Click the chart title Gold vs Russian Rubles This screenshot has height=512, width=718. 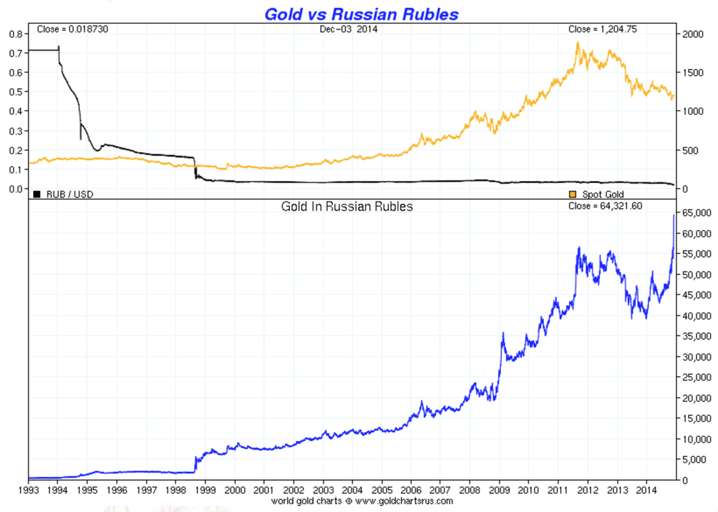click(x=361, y=13)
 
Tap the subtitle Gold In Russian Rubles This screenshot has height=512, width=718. click(x=347, y=206)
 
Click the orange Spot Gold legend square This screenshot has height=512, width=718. click(x=573, y=194)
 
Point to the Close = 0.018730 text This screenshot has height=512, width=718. click(x=72, y=29)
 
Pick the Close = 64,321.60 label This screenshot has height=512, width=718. click(x=605, y=206)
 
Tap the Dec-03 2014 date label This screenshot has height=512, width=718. click(x=347, y=29)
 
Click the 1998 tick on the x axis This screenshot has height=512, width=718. click(x=175, y=490)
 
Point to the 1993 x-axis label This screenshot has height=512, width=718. click(x=29, y=490)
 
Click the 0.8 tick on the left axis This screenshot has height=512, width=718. click(x=13, y=34)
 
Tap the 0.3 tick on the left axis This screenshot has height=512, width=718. click(x=13, y=130)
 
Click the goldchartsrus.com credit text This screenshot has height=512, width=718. click(x=362, y=501)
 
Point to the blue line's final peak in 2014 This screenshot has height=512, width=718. click(x=674, y=215)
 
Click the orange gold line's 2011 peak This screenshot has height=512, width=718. click(x=578, y=43)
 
